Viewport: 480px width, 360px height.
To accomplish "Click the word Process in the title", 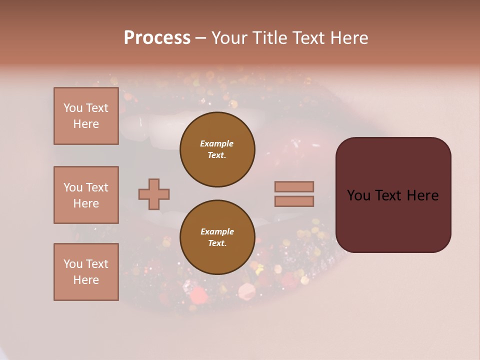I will pyautogui.click(x=157, y=38).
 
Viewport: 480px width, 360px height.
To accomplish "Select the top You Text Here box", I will pyautogui.click(x=86, y=116).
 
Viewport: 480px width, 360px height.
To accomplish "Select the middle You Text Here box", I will pyautogui.click(x=86, y=195).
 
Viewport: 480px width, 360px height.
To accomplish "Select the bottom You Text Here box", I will pyautogui.click(x=86, y=272).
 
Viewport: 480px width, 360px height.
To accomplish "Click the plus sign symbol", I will pyautogui.click(x=154, y=194).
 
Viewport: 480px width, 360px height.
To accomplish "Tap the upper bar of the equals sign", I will pyautogui.click(x=294, y=186).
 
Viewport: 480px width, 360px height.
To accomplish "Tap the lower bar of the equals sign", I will pyautogui.click(x=294, y=201).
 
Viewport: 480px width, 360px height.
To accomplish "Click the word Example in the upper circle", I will pyautogui.click(x=217, y=143).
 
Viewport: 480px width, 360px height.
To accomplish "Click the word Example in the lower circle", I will pyautogui.click(x=217, y=231).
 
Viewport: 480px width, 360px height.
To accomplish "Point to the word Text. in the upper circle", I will pyautogui.click(x=217, y=155).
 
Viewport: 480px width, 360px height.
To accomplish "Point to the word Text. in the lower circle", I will pyautogui.click(x=217, y=243).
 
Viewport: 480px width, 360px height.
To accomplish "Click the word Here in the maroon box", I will pyautogui.click(x=422, y=195).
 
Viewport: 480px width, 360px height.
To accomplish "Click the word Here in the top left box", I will pyautogui.click(x=86, y=124).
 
